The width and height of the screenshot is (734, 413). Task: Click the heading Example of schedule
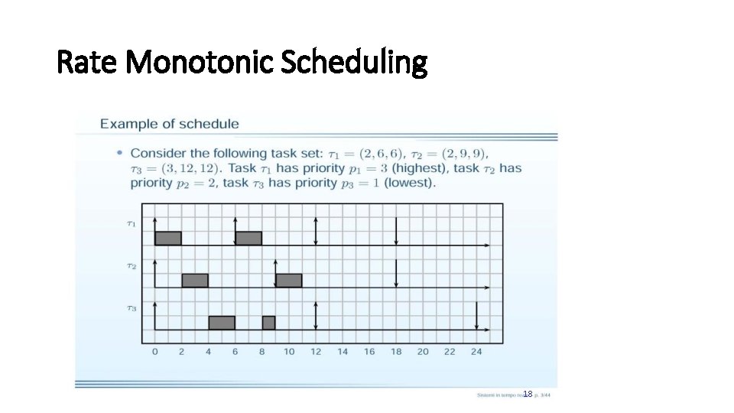[169, 123]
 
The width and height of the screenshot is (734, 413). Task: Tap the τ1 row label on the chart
[132, 224]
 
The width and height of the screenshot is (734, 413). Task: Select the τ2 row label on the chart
[132, 266]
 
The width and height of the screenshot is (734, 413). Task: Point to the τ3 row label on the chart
[132, 308]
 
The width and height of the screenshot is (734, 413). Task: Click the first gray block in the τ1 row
[167, 238]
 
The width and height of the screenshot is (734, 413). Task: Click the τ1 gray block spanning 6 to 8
[248, 238]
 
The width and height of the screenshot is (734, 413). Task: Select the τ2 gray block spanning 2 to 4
[195, 280]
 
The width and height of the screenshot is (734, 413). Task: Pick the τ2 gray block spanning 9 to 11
[289, 280]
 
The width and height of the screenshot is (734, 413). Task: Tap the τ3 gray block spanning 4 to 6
[222, 322]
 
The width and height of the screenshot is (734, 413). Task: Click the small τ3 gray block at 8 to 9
[268, 322]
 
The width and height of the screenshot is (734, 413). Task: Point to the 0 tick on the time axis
[155, 352]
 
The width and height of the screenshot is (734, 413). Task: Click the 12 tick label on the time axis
[316, 352]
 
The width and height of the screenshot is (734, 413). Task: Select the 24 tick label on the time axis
[476, 352]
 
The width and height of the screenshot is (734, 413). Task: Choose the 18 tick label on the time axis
[396, 352]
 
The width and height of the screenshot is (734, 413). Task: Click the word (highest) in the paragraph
[421, 168]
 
